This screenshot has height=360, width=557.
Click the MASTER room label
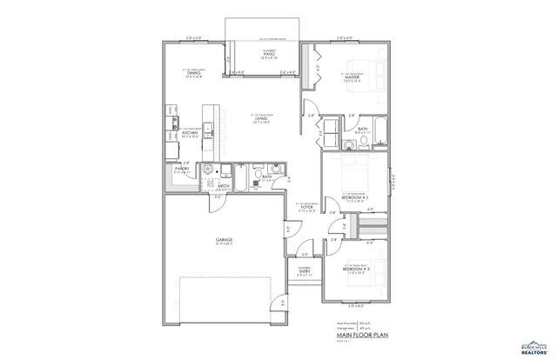[352, 77]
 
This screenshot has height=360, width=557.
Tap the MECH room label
[224, 184]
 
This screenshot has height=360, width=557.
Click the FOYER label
[307, 206]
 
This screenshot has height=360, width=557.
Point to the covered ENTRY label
[304, 272]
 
